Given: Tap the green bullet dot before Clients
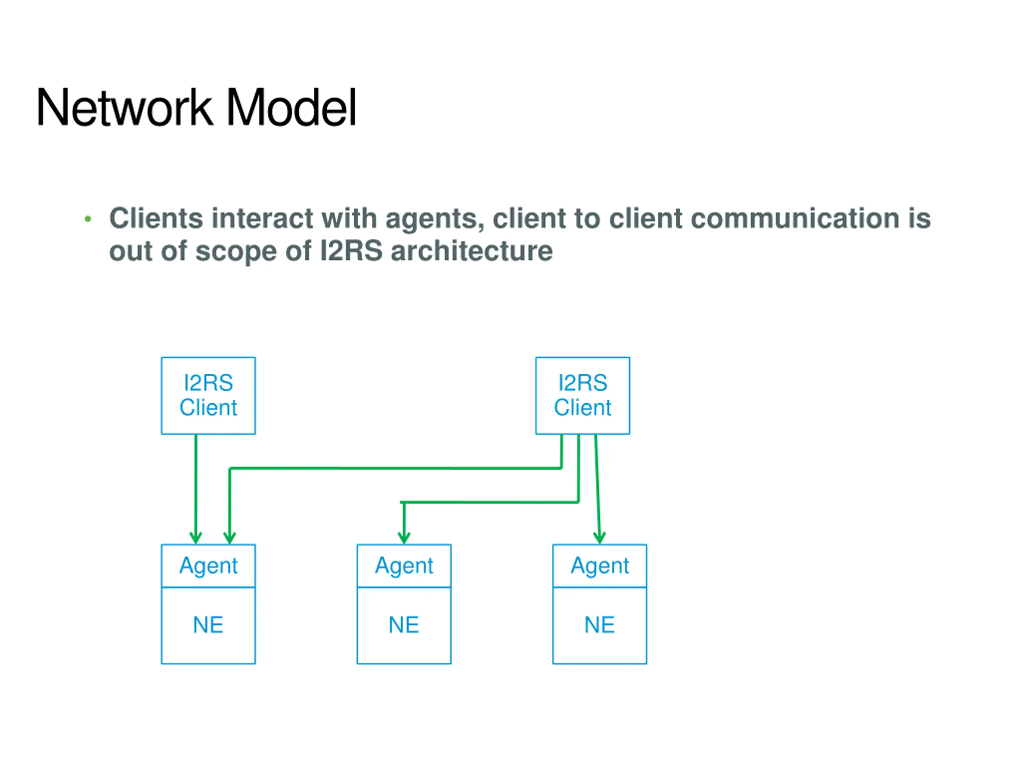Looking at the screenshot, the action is click(88, 219).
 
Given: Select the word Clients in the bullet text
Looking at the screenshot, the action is click(156, 218).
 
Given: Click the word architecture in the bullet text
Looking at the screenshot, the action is click(471, 251).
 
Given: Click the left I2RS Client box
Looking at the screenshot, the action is click(208, 396).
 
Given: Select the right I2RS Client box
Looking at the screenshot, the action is click(583, 396).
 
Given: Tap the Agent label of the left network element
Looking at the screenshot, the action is click(208, 566).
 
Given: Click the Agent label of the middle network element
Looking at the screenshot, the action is click(404, 566).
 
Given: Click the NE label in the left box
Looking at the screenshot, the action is click(208, 625).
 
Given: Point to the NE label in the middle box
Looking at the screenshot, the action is click(404, 625).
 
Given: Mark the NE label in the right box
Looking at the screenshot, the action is click(599, 625).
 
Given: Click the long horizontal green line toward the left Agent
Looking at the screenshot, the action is click(396, 468).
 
